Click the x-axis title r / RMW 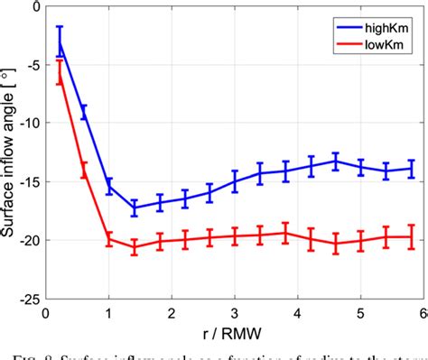pyautogui.click(x=235, y=332)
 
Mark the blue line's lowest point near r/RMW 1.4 pyautogui.click(x=135, y=208)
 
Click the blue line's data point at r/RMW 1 pyautogui.click(x=109, y=187)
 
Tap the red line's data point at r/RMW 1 pyautogui.click(x=109, y=239)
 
